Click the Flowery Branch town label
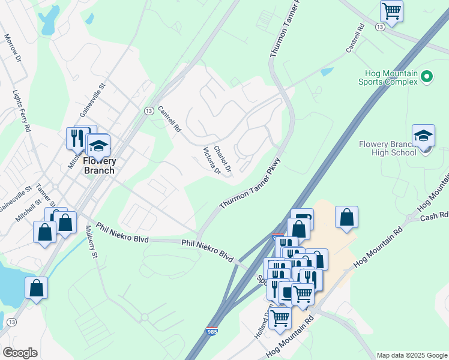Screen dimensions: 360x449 coord(99,166)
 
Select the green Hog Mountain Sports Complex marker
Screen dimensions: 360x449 coord(427,76)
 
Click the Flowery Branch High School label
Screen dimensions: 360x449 coord(387,148)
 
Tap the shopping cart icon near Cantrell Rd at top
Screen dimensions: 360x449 coord(391,11)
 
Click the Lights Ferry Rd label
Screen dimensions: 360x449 coord(22,111)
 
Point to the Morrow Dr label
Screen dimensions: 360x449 coord(13,48)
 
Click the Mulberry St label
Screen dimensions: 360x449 coord(91,242)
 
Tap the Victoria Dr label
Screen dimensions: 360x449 coord(212,161)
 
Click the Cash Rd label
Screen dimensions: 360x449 coord(435,217)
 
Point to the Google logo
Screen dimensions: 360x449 coord(20,353)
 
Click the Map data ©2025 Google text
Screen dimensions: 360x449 coord(411,355)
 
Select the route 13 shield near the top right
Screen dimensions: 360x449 coord(379,27)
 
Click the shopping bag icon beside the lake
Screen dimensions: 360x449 coord(36,288)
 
